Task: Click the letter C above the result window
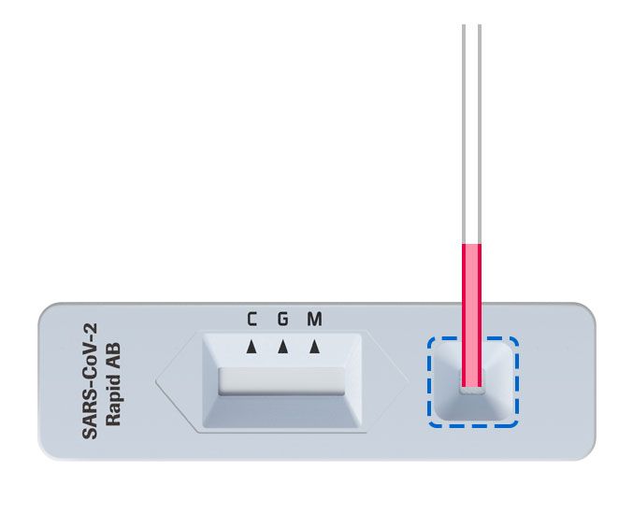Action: coord(252,320)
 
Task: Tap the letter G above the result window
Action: coord(282,320)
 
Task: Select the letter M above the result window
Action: coord(314,320)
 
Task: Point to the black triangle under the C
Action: coord(251,348)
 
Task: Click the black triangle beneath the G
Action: coord(282,348)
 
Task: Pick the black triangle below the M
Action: coord(314,348)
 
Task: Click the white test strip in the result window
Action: coord(281,382)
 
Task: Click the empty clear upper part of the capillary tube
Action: coord(472,131)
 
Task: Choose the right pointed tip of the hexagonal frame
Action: coord(408,382)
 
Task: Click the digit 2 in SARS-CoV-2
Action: coord(93,327)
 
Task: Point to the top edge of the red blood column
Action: coord(472,245)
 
